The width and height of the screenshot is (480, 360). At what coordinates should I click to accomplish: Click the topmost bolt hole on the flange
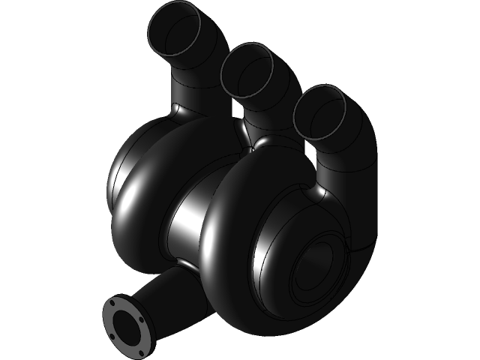coord(113,302)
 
